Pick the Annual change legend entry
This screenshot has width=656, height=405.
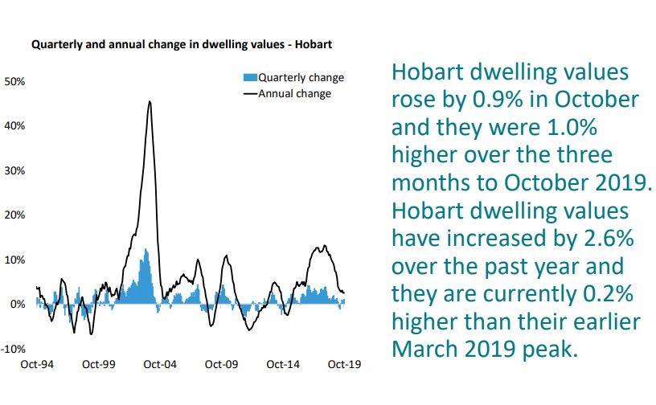(x=293, y=93)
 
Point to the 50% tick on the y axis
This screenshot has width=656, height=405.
(x=17, y=82)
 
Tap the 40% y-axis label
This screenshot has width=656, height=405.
(x=17, y=126)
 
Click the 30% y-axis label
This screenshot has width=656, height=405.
(x=17, y=171)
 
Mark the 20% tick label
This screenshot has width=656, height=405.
(x=17, y=215)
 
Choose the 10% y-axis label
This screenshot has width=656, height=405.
(x=17, y=260)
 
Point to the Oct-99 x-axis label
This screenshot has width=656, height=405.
(x=98, y=365)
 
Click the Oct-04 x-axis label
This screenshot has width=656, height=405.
(x=159, y=365)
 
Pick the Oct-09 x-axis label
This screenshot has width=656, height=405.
(x=221, y=365)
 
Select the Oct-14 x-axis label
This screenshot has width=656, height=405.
(x=283, y=365)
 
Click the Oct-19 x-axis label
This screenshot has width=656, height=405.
(x=344, y=365)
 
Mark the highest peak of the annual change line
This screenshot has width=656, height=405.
(x=150, y=102)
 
